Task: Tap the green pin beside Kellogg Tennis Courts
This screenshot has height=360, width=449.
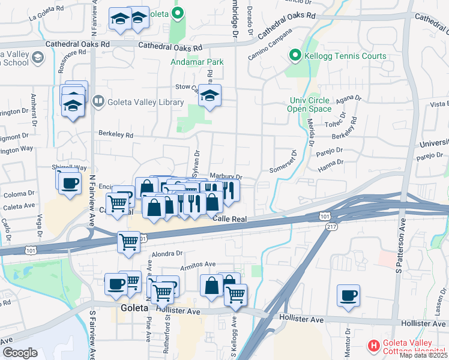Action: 295,56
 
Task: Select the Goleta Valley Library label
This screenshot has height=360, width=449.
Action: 145,102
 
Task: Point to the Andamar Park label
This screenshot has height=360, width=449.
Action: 197,62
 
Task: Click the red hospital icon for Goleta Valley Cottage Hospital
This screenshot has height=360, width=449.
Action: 373,346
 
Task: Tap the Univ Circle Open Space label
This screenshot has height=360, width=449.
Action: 309,104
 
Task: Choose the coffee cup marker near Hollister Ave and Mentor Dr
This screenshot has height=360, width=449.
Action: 348,296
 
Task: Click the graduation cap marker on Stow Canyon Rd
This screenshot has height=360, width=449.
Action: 210,95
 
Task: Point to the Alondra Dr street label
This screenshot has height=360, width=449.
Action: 166,254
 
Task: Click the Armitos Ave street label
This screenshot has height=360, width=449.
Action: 198,264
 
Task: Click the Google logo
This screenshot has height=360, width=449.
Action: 20,353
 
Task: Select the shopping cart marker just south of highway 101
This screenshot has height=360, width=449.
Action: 128,242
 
